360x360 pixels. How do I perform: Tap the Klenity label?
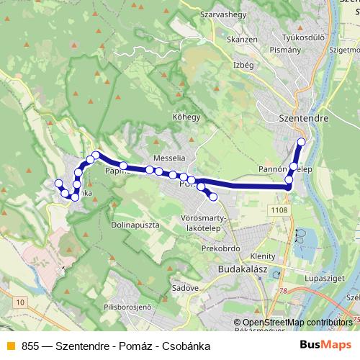click(x=263, y=256)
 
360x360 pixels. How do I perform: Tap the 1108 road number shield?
click(x=281, y=209)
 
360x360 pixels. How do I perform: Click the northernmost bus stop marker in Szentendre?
click(x=301, y=142)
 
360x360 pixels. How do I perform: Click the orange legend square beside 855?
click(x=11, y=345)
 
